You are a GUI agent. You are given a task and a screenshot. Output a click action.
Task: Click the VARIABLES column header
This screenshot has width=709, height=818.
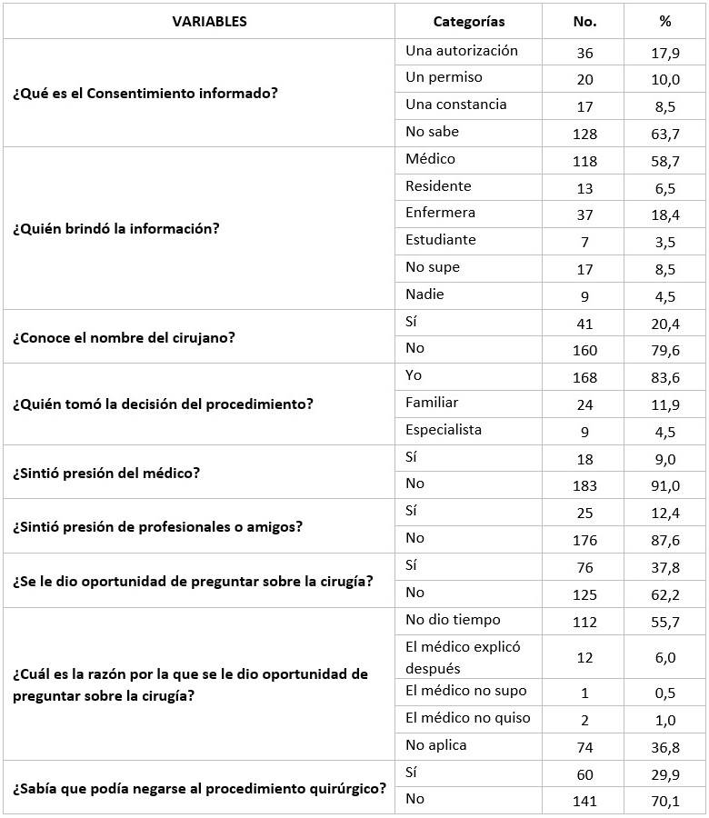coord(209,22)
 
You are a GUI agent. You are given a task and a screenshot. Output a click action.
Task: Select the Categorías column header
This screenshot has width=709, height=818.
coord(468,22)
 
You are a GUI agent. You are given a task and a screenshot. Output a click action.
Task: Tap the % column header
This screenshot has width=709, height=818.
coord(664,22)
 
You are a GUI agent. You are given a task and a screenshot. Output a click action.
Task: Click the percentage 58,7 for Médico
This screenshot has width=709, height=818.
coord(664,161)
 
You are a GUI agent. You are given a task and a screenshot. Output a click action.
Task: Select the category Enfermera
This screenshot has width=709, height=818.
coord(440,213)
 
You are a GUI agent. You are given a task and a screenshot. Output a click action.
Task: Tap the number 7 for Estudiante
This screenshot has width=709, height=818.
coord(584,242)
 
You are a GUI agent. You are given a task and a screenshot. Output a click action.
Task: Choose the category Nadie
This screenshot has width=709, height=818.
coord(424,294)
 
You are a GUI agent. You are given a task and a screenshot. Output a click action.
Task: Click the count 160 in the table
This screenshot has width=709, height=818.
coord(584,349)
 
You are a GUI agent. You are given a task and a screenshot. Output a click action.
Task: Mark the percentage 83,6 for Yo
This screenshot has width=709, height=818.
coord(664,376)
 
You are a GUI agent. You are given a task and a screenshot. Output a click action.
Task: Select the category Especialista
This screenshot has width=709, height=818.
coord(444,429)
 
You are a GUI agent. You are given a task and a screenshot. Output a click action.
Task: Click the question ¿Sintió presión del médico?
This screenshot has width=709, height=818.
coord(105,472)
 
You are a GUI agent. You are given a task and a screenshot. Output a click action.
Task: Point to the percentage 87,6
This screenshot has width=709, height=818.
coord(664,540)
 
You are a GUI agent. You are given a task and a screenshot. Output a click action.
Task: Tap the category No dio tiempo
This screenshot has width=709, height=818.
coord(453,620)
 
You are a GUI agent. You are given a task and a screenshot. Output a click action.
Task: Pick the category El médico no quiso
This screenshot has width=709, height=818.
coord(467,718)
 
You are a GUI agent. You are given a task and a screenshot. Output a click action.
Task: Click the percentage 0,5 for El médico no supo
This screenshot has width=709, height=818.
coord(664,693)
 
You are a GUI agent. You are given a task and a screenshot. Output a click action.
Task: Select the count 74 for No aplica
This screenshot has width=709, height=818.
coord(584,747)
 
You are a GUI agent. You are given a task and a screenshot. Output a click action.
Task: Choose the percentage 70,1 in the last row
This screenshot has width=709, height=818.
coord(664,801)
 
